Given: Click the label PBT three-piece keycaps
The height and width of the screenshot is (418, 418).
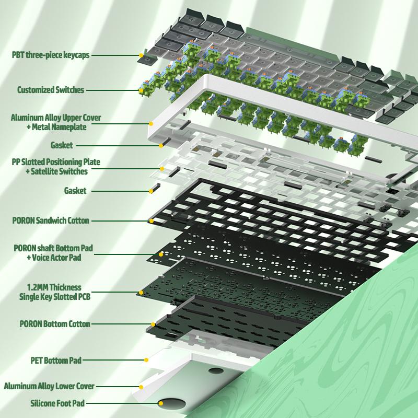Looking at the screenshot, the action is tap(51, 55).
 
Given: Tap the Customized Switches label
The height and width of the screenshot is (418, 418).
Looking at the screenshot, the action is tap(51, 90).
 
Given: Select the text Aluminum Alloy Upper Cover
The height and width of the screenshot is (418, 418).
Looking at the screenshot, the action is tap(56, 118).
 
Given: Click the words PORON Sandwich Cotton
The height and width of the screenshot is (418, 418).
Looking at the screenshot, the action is tap(51, 220).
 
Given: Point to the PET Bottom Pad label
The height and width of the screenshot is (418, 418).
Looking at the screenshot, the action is tap(56, 361).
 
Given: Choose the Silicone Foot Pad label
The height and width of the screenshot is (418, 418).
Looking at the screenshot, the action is tap(57, 403).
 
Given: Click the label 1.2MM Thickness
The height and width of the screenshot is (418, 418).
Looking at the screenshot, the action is tap(54, 287).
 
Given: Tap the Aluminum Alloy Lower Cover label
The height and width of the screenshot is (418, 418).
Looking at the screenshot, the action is tap(49, 386).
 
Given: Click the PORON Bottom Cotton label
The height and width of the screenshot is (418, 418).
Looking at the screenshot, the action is tap(55, 324).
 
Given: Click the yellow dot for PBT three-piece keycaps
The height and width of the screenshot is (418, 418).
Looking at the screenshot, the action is tap(141, 55).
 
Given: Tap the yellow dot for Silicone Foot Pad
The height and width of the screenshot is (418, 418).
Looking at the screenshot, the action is tap(161, 403).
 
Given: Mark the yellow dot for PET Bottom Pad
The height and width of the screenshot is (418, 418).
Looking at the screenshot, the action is tap(146, 360).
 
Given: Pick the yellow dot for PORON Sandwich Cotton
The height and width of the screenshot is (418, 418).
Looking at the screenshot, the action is tap(152, 221).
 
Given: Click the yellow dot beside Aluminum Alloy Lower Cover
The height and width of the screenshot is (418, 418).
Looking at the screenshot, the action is tap(141, 387).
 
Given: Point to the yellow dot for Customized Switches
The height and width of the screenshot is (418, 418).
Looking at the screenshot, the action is tap(141, 90).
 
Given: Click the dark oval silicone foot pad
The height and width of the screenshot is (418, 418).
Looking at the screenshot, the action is tap(172, 403).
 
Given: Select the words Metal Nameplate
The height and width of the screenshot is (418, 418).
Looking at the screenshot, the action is tap(59, 127).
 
